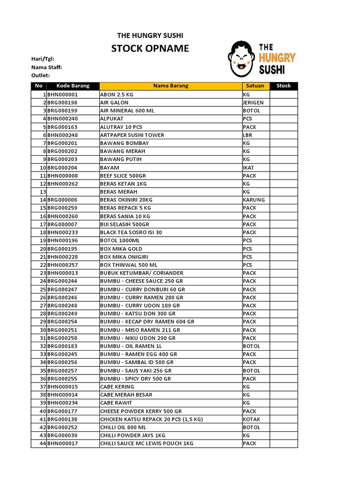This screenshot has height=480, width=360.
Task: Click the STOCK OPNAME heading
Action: click(150, 48)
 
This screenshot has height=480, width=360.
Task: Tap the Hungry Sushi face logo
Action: click(241, 59)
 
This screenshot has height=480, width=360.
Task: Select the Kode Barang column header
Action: click(73, 86)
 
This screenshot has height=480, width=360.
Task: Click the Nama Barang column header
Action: click(171, 86)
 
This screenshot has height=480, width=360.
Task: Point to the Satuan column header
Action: click(255, 86)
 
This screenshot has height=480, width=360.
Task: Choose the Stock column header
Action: click(283, 86)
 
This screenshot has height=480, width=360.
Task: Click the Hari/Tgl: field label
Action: click(43, 59)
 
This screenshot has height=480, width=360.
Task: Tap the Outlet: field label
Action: click(40, 75)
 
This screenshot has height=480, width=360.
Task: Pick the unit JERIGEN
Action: click(253, 103)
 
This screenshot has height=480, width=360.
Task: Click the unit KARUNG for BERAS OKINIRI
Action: click(254, 200)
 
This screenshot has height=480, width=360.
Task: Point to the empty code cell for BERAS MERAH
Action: click(73, 192)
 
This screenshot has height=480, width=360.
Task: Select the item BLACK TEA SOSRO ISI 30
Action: click(131, 232)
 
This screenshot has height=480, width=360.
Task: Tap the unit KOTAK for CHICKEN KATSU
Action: click(251, 419)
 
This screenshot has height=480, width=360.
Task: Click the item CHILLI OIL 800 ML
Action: click(123, 427)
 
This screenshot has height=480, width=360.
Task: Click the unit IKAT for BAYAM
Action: click(248, 167)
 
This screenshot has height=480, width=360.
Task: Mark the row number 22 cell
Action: click(39, 265)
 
